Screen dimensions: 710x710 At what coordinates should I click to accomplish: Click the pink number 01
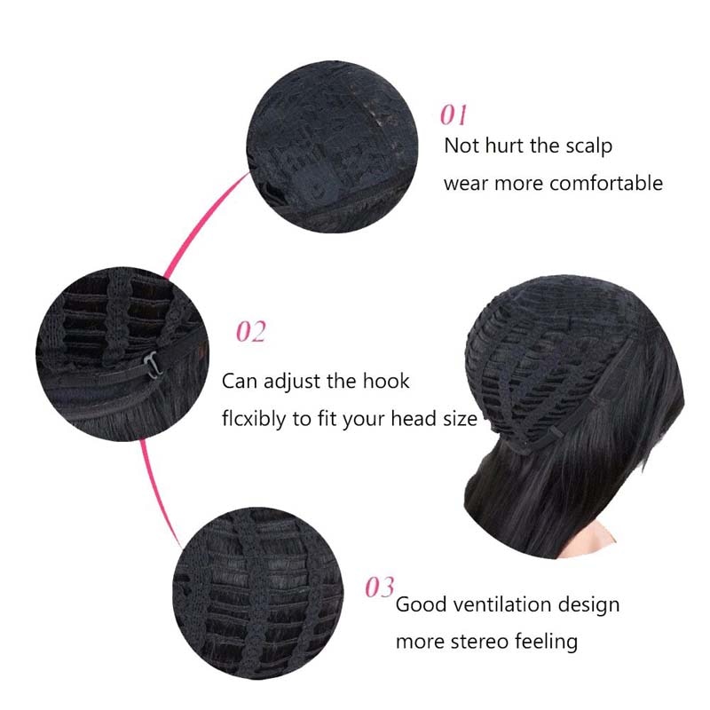pos(454,115)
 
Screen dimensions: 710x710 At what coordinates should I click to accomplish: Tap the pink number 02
pos(251,332)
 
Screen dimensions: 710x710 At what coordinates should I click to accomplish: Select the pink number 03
pos(380,588)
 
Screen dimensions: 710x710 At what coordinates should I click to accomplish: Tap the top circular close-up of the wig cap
pos(332,146)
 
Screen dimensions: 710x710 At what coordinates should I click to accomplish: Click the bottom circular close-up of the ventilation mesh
pos(258,593)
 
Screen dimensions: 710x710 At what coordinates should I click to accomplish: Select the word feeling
pos(546,642)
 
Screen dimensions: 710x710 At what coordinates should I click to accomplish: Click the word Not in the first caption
pos(461,146)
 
